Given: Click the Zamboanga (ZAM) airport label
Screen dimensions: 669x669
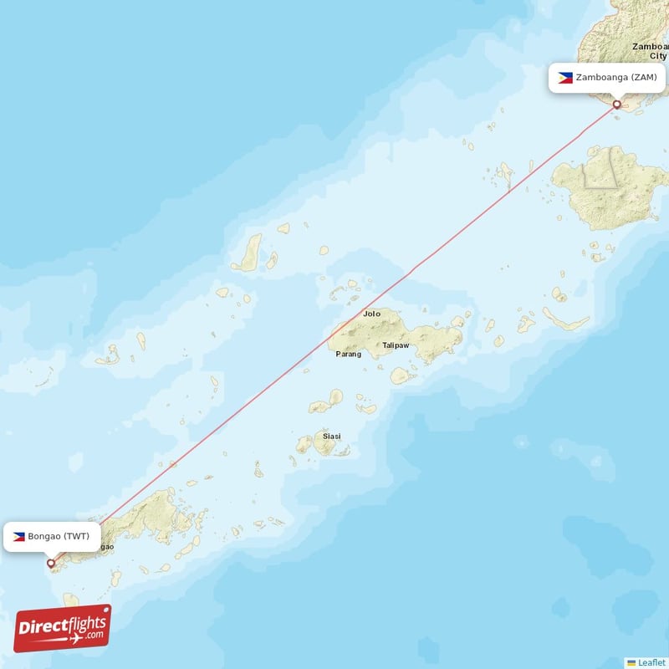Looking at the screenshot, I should tap(608, 78).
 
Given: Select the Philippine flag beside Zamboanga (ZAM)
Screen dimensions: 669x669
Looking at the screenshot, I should tap(565, 78).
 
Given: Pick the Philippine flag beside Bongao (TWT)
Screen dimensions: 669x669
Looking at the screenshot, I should tap(18, 536).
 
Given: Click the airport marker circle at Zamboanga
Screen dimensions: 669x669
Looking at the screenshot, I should tap(617, 105).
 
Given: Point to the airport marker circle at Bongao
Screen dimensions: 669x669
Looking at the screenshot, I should tap(51, 564).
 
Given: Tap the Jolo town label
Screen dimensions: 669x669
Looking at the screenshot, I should tap(371, 314).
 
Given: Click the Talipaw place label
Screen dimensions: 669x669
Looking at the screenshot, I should tap(396, 345).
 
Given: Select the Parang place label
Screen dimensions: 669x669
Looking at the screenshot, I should tap(349, 354).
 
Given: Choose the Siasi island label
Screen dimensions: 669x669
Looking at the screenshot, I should tap(332, 436).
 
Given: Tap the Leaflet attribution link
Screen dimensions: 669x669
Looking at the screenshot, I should tap(651, 661).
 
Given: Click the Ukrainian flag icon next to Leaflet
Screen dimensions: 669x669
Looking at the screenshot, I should tap(631, 661).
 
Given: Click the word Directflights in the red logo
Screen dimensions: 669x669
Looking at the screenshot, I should tap(62, 623).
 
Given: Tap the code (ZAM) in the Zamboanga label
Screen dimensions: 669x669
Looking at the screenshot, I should tap(644, 78).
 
